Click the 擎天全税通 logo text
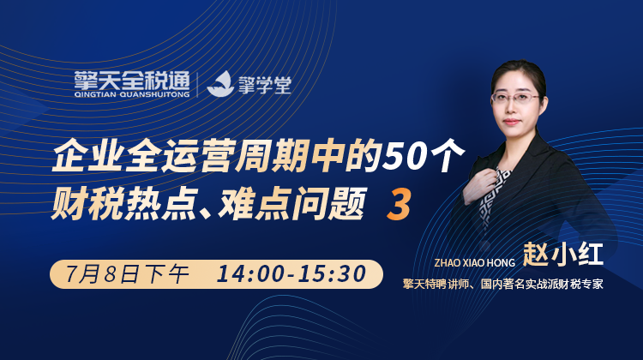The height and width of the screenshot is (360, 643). click(132, 81)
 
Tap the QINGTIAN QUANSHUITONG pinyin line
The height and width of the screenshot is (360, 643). click(132, 94)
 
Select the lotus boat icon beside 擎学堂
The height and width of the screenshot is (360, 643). click(219, 84)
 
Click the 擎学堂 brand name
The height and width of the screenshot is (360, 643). click(265, 84)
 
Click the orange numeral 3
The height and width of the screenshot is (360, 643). click(399, 204)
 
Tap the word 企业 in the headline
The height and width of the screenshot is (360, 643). click(86, 156)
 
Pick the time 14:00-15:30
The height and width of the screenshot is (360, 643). click(291, 274)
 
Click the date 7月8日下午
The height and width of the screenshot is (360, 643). click(127, 274)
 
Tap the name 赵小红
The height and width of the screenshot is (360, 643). click(562, 255)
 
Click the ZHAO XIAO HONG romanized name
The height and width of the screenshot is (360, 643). click(474, 263)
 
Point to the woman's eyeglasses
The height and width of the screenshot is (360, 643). click(515, 98)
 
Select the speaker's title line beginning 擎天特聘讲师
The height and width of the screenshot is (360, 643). click(502, 284)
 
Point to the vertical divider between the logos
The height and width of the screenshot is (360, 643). click(198, 85)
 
